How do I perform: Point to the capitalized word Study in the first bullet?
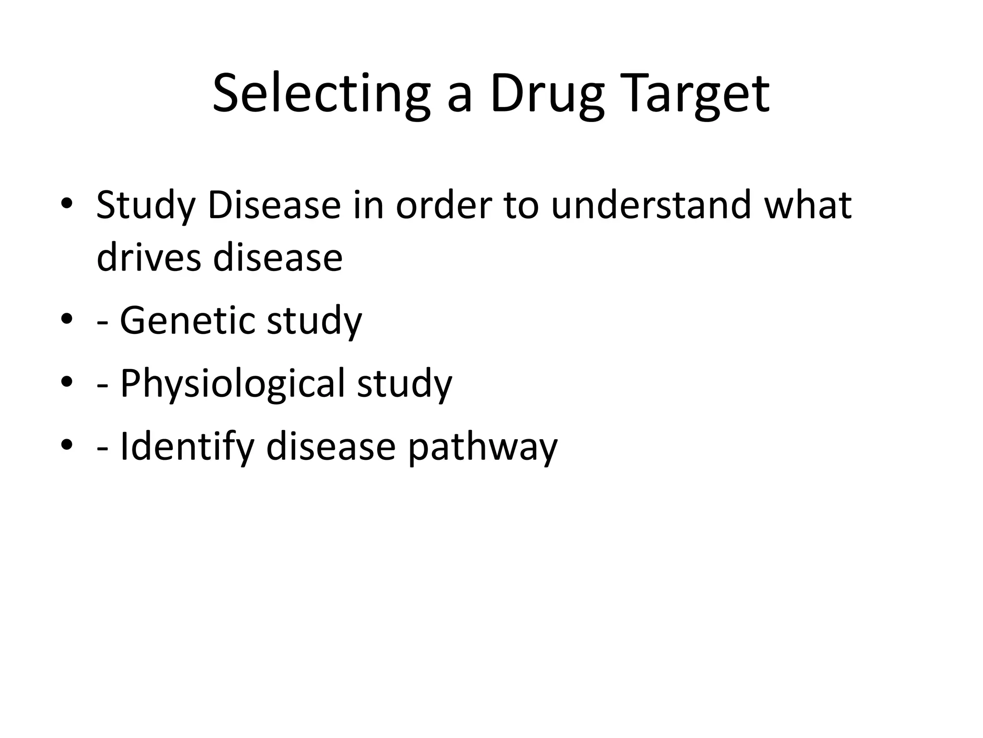[145, 206]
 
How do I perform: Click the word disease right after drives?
[278, 258]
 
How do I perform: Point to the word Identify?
[187, 447]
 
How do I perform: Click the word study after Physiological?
[405, 383]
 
